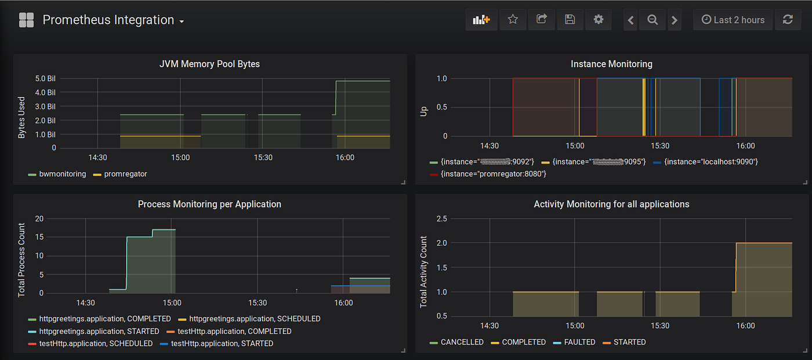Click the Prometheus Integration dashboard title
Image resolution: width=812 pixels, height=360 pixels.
pos(108,20)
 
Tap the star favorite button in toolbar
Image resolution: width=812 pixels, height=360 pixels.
pos(513,20)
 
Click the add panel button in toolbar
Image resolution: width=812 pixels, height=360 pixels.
pos(481,20)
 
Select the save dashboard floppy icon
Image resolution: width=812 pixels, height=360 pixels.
pos(570,20)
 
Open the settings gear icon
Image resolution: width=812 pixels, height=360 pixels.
pos(599,20)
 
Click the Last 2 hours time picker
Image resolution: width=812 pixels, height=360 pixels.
pos(733,20)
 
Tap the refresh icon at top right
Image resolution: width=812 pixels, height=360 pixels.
pos(788,20)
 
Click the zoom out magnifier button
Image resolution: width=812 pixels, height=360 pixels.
pos(652,20)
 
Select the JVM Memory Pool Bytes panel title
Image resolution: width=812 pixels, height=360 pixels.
pos(209,64)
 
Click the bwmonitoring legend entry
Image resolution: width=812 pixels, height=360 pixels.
pos(62,174)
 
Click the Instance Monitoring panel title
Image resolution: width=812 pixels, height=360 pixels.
pos(611,64)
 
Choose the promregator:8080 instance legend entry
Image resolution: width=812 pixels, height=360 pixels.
pos(493,173)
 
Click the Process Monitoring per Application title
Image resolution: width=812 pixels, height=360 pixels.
pos(209,204)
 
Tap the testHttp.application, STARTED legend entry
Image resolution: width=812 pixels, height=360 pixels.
pos(222,343)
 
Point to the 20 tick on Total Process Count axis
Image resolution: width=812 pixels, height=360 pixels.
pos(39,219)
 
